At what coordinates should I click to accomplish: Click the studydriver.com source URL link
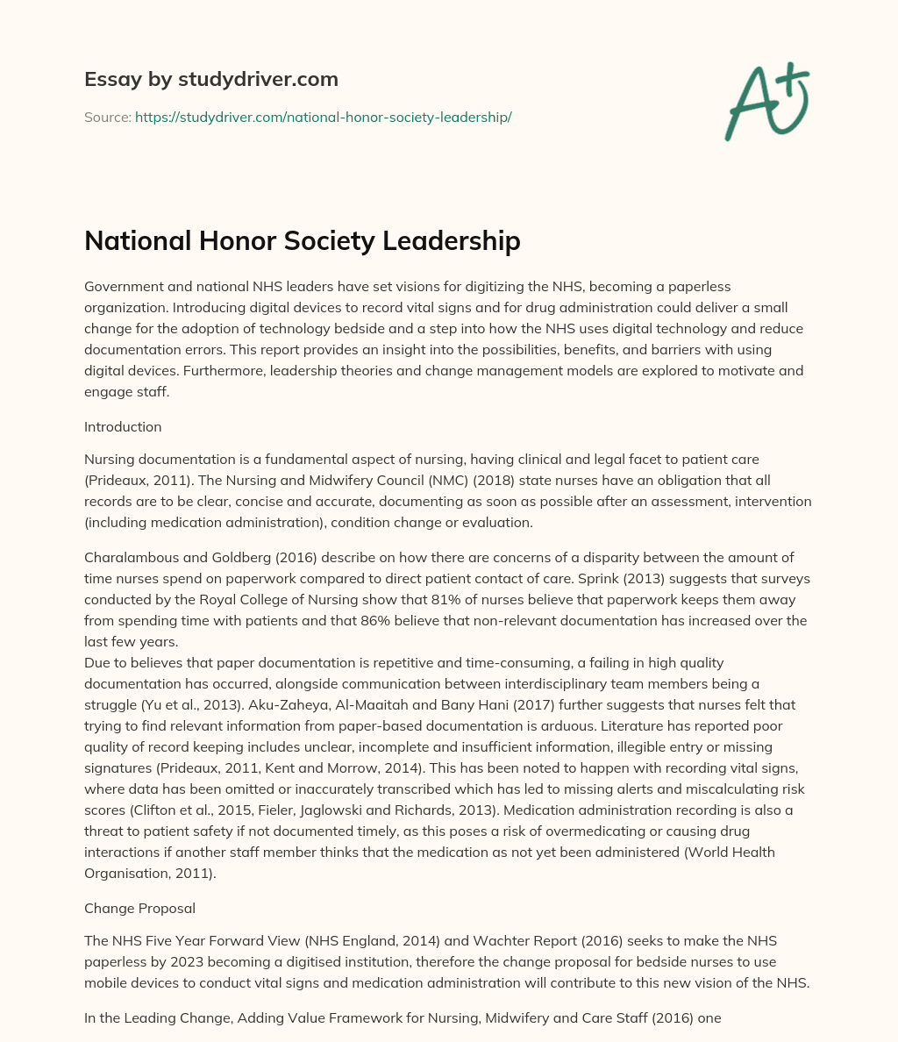tap(323, 117)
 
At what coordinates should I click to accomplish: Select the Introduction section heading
tap(123, 426)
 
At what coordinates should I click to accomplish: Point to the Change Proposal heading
tap(139, 908)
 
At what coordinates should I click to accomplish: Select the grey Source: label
tap(107, 117)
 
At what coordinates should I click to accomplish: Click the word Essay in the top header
tap(108, 79)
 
